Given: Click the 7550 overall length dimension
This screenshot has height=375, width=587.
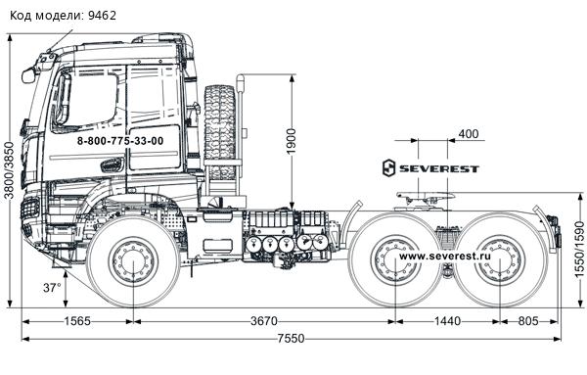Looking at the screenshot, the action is tap(291, 339).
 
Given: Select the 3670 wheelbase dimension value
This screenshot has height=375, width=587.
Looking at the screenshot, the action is tap(264, 321).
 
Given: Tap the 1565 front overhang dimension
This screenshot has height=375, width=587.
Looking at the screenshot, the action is tap(77, 321).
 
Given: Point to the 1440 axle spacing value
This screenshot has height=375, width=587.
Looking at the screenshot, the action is tap(447, 321).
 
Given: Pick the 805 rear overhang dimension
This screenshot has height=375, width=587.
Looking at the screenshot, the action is tap(528, 321).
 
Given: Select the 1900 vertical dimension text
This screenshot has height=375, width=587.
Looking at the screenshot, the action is tap(292, 141).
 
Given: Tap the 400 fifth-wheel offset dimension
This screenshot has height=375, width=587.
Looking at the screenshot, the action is tap(469, 134).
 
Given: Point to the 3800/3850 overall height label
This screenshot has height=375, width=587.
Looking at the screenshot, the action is tap(9, 170).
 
